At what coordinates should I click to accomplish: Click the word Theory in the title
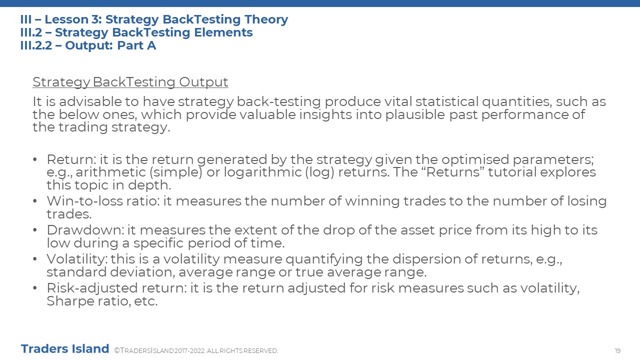[266, 19]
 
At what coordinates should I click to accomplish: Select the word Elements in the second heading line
[223, 32]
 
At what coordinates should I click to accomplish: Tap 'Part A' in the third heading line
[136, 45]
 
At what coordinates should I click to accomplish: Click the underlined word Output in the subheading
[203, 82]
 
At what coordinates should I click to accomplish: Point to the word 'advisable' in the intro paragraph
[89, 101]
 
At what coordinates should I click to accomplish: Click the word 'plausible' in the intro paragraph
[415, 115]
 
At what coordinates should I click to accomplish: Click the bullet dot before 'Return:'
[35, 159]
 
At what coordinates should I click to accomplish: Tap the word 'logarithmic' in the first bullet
[262, 172]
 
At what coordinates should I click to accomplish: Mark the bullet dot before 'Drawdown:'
[35, 230]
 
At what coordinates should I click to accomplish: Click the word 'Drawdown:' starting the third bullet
[85, 230]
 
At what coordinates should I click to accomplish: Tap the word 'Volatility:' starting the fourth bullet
[77, 259]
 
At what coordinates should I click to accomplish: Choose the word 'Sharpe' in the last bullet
[70, 301]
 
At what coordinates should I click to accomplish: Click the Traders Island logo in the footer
[65, 349]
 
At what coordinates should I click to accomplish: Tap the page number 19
[617, 350]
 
